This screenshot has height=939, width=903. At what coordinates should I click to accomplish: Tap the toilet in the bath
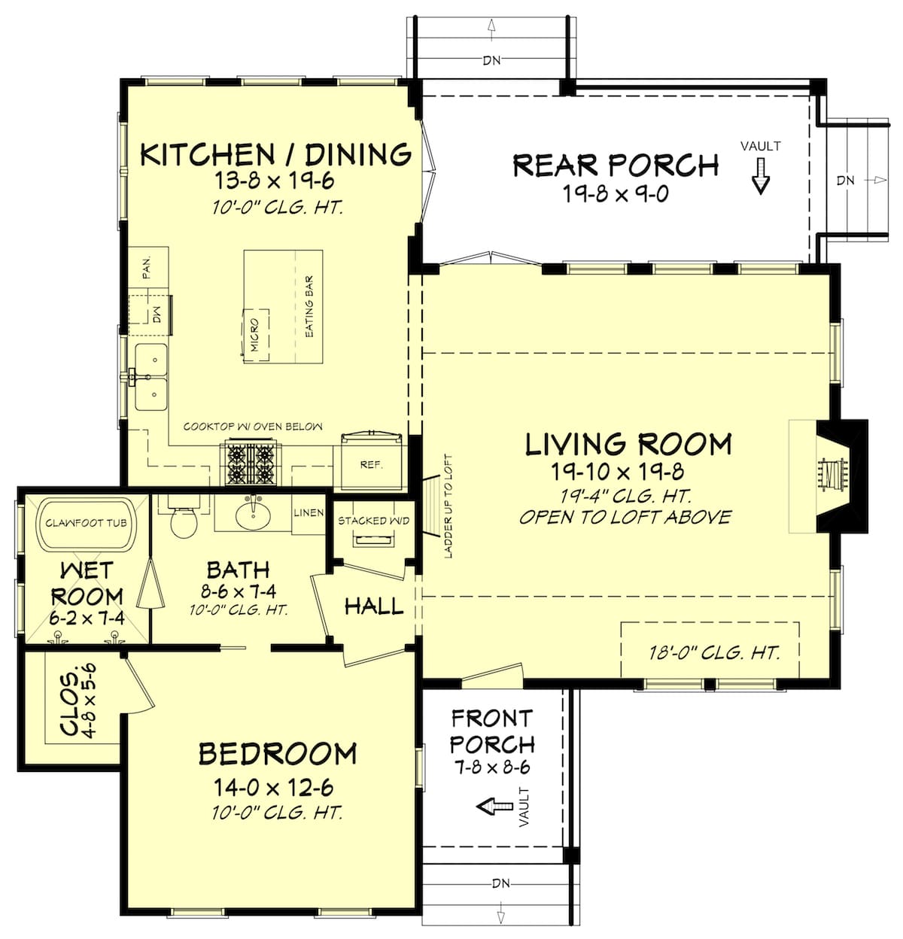pyautogui.click(x=183, y=519)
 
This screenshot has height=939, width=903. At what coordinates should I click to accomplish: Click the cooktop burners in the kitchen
pyautogui.click(x=248, y=464)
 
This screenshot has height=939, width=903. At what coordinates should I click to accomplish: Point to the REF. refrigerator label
pyautogui.click(x=371, y=465)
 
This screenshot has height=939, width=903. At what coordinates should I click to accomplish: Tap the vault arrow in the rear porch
pyautogui.click(x=761, y=175)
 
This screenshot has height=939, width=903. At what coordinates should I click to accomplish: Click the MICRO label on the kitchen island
pyautogui.click(x=254, y=335)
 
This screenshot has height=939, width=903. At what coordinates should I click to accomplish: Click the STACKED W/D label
pyautogui.click(x=373, y=521)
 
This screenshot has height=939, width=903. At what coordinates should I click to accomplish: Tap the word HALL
pyautogui.click(x=374, y=606)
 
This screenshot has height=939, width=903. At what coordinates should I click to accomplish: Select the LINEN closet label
pyautogui.click(x=309, y=512)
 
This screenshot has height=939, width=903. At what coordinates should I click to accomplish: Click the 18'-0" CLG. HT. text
pyautogui.click(x=713, y=652)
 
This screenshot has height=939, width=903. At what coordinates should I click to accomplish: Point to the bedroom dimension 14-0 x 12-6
pyautogui.click(x=274, y=788)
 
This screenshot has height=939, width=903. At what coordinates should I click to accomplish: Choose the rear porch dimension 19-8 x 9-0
pyautogui.click(x=616, y=194)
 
